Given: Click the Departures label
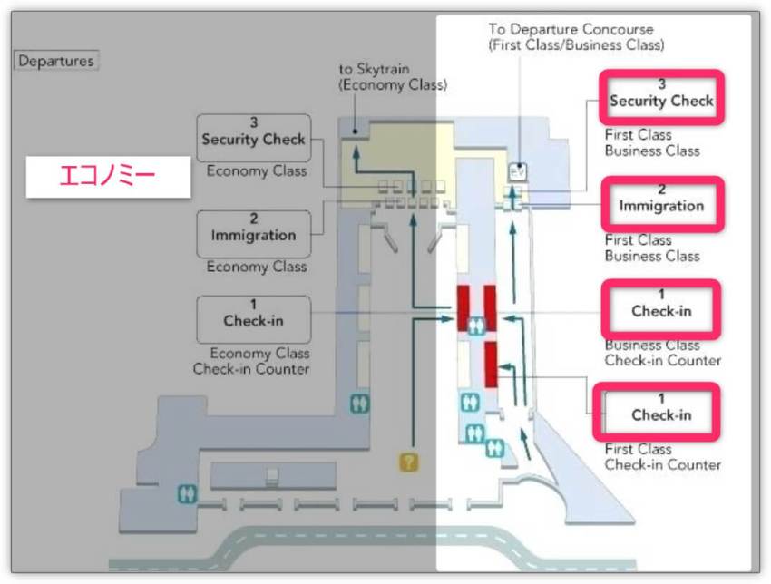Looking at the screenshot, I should pyautogui.click(x=56, y=62).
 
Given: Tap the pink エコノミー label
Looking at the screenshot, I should pyautogui.click(x=108, y=177).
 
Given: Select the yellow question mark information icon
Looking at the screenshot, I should pyautogui.click(x=409, y=462).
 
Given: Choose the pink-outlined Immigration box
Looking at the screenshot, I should pyautogui.click(x=661, y=204).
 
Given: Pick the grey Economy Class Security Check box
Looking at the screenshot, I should pyautogui.click(x=253, y=138).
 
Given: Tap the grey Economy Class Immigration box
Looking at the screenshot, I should pyautogui.click(x=253, y=234).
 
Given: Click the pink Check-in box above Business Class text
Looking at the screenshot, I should pyautogui.click(x=661, y=309).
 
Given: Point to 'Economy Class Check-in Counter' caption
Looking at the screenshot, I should pyautogui.click(x=251, y=361).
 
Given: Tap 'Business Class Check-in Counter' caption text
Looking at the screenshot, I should pyautogui.click(x=662, y=353).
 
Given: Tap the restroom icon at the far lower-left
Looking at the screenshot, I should pyautogui.click(x=188, y=495).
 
